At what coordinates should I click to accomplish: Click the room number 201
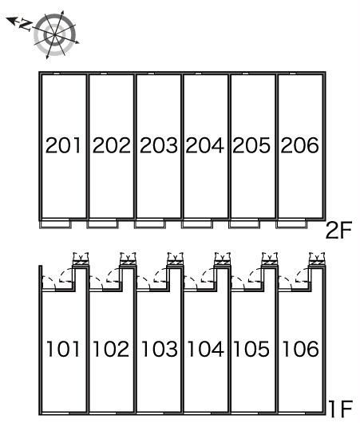point(63,145)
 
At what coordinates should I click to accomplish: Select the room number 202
point(112,145)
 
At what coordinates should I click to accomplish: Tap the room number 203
point(159,145)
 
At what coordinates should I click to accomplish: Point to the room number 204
point(205,145)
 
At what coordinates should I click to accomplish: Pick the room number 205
point(251,145)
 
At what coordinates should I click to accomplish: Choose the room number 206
point(299,145)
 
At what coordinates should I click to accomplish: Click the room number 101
point(63,349)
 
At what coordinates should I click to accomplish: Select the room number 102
point(111,349)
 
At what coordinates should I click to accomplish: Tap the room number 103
point(159,349)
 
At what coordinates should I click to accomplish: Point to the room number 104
point(206,349)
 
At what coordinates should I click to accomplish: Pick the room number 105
point(251,349)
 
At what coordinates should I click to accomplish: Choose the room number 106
point(300,349)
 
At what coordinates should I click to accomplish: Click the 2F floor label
point(339,230)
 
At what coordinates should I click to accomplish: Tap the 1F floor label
point(341,409)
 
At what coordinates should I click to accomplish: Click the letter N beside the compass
point(26,25)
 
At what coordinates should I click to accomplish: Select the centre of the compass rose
point(55,35)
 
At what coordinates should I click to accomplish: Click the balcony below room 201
point(55,224)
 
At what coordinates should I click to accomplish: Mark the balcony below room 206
point(291,224)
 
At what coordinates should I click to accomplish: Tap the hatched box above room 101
point(81,261)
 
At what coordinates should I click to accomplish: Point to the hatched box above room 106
point(317,261)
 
